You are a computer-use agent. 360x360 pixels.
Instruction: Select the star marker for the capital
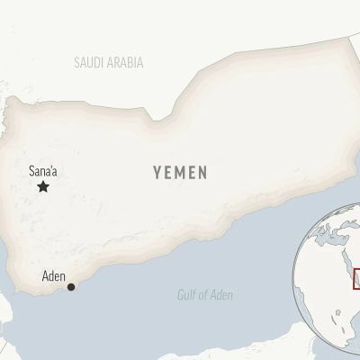click(x=42, y=186)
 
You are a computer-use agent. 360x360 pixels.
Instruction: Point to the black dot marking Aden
click(x=71, y=288)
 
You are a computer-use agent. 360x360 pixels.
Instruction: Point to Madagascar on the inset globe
click(x=356, y=335)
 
